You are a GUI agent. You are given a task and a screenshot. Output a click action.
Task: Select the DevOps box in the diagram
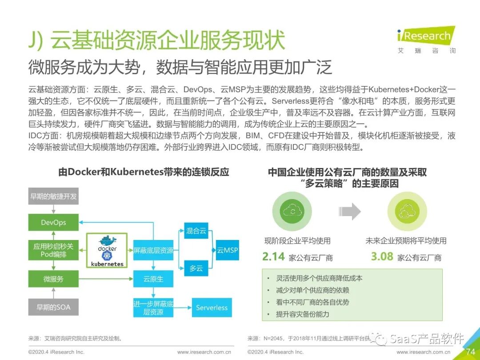click(x=53, y=223)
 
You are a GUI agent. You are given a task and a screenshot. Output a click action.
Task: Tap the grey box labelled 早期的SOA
click(x=53, y=307)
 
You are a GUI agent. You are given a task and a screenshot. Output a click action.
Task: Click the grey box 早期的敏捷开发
click(x=53, y=196)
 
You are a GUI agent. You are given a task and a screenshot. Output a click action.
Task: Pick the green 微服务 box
click(x=53, y=279)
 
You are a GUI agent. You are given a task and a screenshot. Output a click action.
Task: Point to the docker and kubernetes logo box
click(x=107, y=250)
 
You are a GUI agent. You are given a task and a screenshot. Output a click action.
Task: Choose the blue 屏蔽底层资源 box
click(x=153, y=250)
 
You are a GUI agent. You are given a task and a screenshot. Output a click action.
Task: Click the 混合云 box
click(x=196, y=231)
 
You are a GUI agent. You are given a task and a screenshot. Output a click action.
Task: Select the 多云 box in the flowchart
click(x=196, y=268)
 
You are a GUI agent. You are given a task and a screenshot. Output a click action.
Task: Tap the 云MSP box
click(x=228, y=250)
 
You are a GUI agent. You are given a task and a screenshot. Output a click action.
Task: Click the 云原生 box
click(x=153, y=279)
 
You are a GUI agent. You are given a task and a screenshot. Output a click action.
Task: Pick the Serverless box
click(x=212, y=308)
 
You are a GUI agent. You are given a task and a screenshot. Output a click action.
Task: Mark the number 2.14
click(x=273, y=256)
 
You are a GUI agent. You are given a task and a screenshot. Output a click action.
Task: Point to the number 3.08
click(x=382, y=256)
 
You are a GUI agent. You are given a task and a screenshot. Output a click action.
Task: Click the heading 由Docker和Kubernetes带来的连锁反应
click(x=144, y=172)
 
